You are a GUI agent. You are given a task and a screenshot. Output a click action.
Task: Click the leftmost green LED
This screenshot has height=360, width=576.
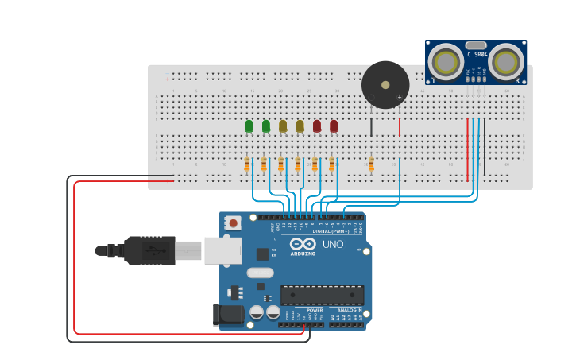pyautogui.click(x=249, y=126)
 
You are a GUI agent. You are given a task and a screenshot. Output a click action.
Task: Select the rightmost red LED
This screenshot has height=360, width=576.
pyautogui.click(x=334, y=126)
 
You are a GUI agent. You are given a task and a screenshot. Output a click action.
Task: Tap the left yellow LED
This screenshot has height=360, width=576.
pyautogui.click(x=283, y=126)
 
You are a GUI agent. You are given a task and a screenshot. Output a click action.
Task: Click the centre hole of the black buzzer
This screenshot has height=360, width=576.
pyautogui.click(x=385, y=84)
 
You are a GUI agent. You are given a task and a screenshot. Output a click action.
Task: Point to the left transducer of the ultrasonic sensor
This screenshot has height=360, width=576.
pyautogui.click(x=446, y=62)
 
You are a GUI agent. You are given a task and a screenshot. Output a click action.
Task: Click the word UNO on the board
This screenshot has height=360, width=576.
pyautogui.click(x=334, y=244)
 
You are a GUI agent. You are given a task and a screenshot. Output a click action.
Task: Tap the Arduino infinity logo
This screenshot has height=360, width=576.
pyautogui.click(x=302, y=245)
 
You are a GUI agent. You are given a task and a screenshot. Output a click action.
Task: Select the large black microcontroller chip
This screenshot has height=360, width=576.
pyautogui.click(x=322, y=295)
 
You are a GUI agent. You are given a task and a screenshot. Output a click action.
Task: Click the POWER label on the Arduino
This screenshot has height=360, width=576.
pyautogui.click(x=303, y=310)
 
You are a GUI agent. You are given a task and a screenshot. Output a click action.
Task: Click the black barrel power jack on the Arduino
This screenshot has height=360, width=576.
pyautogui.click(x=229, y=315)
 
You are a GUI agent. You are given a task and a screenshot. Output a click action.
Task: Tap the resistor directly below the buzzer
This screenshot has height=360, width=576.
pyautogui.click(x=371, y=164)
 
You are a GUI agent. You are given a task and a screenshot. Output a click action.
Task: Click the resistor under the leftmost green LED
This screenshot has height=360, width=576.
pyautogui.click(x=247, y=165)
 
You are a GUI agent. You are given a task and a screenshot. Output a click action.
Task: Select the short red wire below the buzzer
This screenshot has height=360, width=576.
pyautogui.click(x=400, y=127)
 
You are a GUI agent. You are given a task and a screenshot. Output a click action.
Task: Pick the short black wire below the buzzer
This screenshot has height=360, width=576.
pyautogui.click(x=371, y=127)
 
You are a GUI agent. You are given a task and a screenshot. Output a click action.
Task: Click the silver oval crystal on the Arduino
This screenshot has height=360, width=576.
pyautogui.click(x=260, y=273)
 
